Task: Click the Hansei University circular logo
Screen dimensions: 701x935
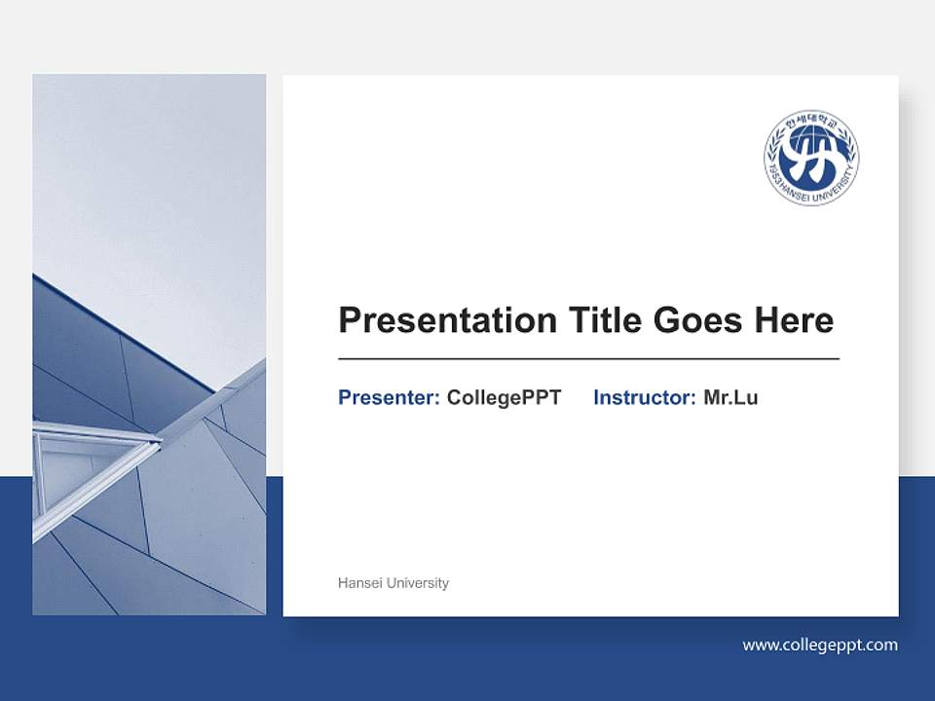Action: (x=810, y=158)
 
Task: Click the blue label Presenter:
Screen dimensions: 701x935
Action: (x=389, y=397)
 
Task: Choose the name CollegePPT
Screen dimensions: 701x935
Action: (x=504, y=397)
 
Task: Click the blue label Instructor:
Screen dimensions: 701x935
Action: (x=644, y=397)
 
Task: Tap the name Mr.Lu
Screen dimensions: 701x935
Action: (x=730, y=397)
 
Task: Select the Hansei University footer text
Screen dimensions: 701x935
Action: (x=393, y=583)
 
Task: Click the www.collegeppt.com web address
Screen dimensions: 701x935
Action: (x=819, y=645)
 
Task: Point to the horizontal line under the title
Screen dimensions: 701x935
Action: (x=588, y=359)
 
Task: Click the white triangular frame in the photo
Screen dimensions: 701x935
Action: (x=88, y=458)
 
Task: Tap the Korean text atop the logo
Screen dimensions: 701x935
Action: (x=811, y=122)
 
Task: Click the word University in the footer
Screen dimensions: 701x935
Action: (x=418, y=583)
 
